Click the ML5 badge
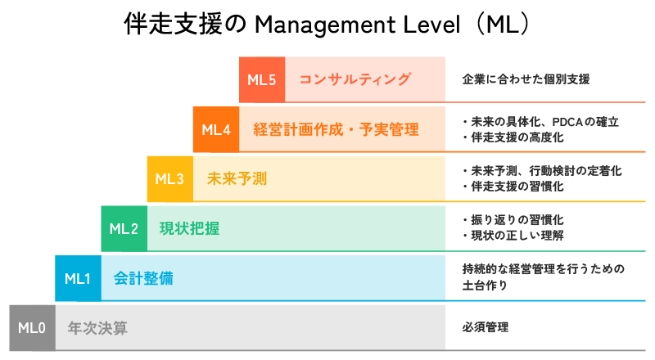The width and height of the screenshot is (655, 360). click(x=262, y=79)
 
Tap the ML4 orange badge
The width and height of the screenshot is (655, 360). click(x=216, y=129)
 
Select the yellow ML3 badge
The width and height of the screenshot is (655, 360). click(x=169, y=178)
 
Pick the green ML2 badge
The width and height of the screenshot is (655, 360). click(x=124, y=228)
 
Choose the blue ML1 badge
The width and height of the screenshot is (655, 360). click(x=78, y=278)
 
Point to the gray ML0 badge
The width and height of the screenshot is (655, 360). click(x=32, y=328)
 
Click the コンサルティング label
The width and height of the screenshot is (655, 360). click(x=355, y=79)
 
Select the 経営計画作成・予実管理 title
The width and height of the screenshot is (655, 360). click(x=336, y=129)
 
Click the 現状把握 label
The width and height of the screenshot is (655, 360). click(x=189, y=228)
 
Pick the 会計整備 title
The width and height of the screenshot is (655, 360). click(x=143, y=278)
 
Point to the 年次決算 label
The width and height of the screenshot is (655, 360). click(x=97, y=328)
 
